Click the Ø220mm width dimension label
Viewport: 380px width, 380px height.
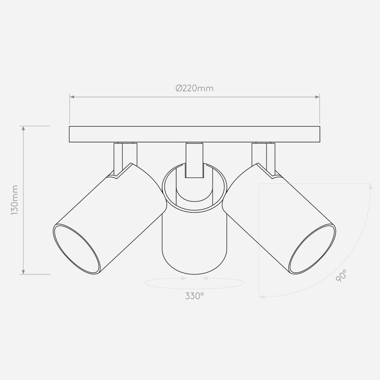[194, 88]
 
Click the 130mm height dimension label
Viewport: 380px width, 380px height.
[15, 200]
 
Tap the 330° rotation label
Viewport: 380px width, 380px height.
[194, 296]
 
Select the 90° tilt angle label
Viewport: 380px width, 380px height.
[341, 276]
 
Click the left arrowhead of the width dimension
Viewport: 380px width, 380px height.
[72, 97]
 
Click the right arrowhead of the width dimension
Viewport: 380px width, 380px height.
[317, 97]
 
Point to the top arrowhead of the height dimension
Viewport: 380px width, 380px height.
[24, 128]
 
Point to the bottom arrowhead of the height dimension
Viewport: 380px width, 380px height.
[24, 272]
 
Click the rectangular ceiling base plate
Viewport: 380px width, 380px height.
[194, 134]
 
